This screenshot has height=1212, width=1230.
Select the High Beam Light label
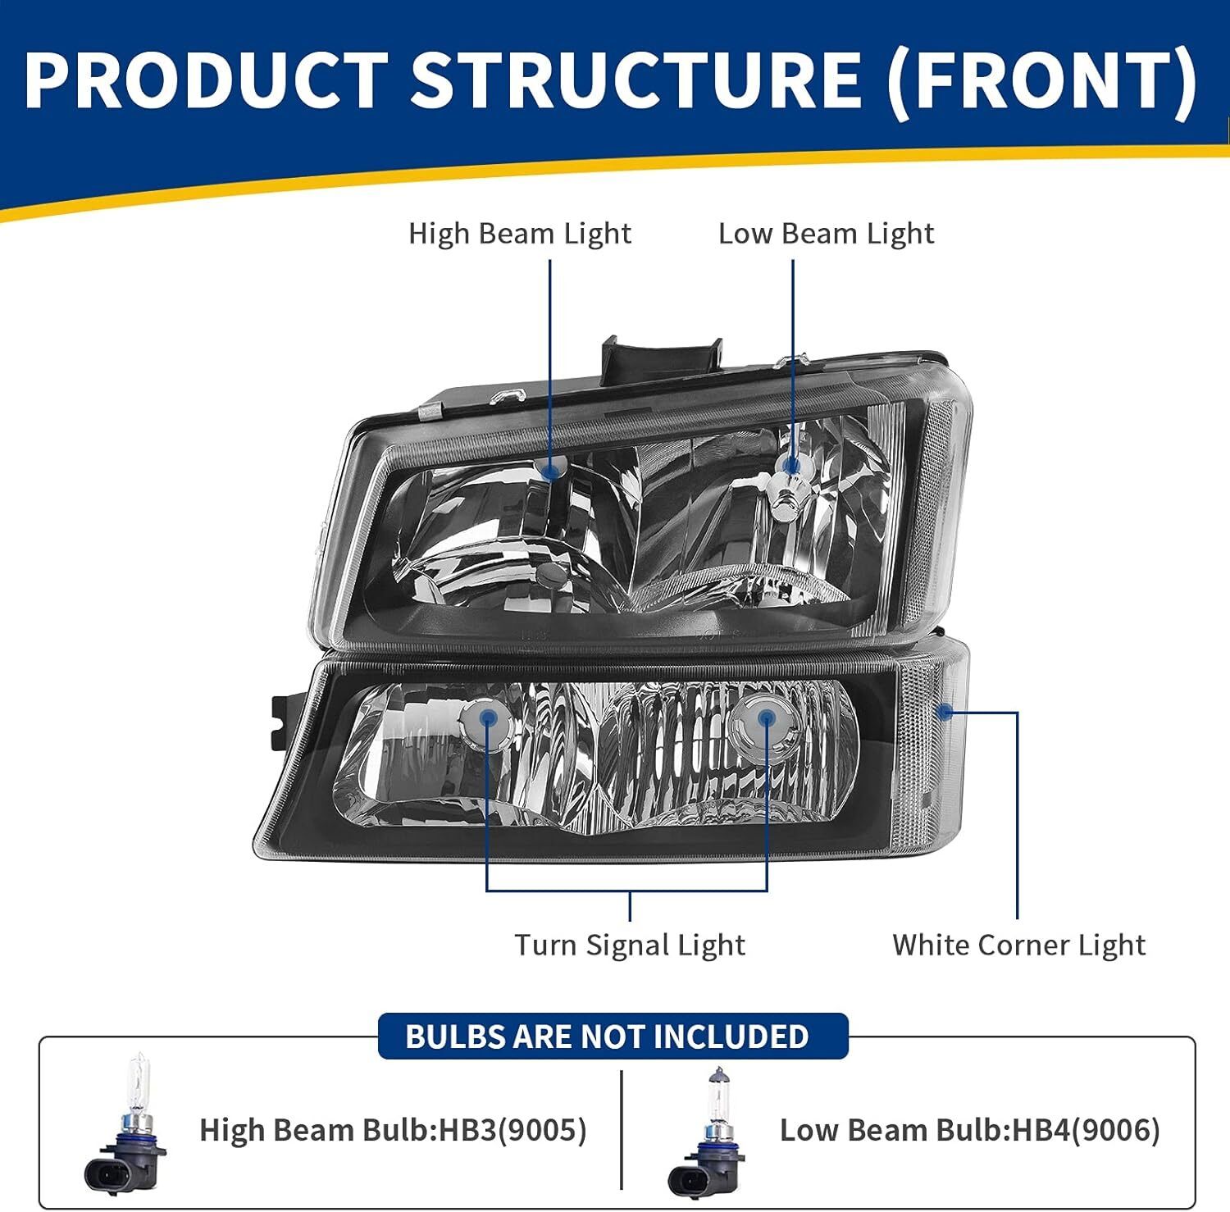pyautogui.click(x=520, y=234)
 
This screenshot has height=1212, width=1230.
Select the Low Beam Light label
pyautogui.click(x=826, y=234)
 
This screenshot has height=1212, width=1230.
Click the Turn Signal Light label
pyautogui.click(x=630, y=945)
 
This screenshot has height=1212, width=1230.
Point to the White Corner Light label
pyautogui.click(x=1018, y=945)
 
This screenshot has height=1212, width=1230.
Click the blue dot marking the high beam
pyautogui.click(x=550, y=470)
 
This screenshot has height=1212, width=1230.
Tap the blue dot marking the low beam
pyautogui.click(x=792, y=467)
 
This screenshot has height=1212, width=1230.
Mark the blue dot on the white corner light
pyautogui.click(x=945, y=712)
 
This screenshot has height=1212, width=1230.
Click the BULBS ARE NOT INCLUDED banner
pyautogui.click(x=613, y=1037)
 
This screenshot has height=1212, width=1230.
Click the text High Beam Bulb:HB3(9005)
pyautogui.click(x=394, y=1130)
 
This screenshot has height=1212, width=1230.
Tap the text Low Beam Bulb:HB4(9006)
pyautogui.click(x=970, y=1130)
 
